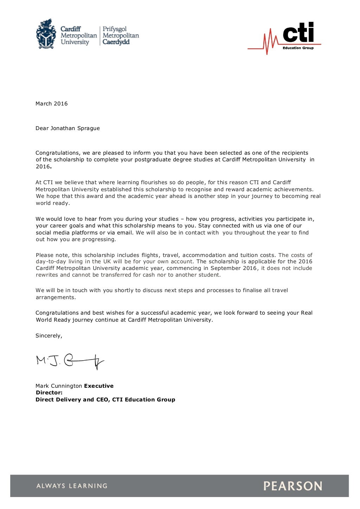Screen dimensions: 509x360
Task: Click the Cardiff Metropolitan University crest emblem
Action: [46, 34]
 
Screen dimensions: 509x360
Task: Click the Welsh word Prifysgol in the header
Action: [115, 29]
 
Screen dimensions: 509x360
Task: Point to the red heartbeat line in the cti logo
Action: [267, 42]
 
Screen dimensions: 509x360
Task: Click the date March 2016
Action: [51, 104]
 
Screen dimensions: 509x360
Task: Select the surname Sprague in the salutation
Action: [89, 128]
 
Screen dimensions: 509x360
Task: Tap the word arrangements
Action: [55, 297]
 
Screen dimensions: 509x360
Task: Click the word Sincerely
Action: [49, 336]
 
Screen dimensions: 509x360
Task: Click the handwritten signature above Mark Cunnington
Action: [70, 361]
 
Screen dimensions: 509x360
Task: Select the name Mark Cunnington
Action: [59, 386]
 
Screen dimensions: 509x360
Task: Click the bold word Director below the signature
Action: [49, 393]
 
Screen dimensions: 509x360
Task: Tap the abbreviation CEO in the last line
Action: [102, 400]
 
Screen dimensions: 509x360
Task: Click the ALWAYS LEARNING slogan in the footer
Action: [72, 486]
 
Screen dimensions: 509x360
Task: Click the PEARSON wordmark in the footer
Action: [292, 486]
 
